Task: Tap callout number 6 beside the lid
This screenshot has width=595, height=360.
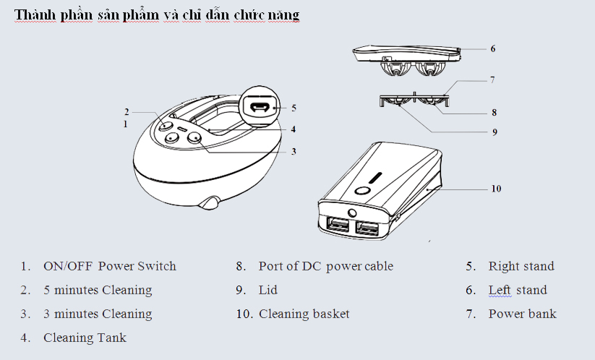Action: point(492,49)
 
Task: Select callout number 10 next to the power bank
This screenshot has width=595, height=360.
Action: point(496,189)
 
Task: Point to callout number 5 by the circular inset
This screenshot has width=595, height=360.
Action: point(294,108)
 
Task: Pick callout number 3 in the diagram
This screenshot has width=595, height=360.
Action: point(294,152)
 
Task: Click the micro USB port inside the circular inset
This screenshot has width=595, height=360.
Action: point(260,108)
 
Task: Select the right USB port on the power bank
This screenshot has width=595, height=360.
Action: point(368,230)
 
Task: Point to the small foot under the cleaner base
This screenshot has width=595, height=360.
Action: point(211,202)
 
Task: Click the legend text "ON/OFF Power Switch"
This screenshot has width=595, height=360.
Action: point(109,266)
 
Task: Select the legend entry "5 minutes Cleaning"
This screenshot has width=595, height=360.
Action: point(98,290)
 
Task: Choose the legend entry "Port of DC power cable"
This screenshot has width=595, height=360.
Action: point(325,266)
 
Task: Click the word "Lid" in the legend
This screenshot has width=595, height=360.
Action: point(267,290)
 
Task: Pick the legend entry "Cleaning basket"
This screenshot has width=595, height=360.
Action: point(304,314)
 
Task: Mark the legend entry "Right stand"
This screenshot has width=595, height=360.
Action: point(521,266)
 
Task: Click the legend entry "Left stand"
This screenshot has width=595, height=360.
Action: point(517,290)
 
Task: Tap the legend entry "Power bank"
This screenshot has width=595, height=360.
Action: point(522,314)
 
